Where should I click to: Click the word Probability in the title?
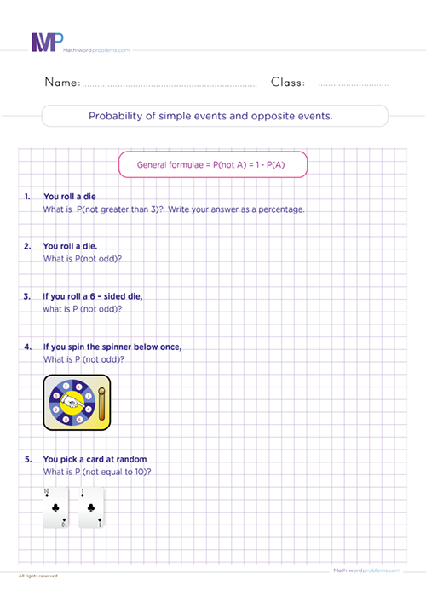pyautogui.click(x=114, y=116)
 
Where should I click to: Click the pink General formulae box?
pyautogui.click(x=211, y=163)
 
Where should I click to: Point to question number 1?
pyautogui.click(x=28, y=197)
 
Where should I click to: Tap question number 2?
pyautogui.click(x=28, y=246)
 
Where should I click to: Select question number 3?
pyautogui.click(x=28, y=296)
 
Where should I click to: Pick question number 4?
pyautogui.click(x=28, y=347)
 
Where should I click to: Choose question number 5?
pyautogui.click(x=28, y=460)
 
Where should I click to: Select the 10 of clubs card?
pyautogui.click(x=58, y=508)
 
